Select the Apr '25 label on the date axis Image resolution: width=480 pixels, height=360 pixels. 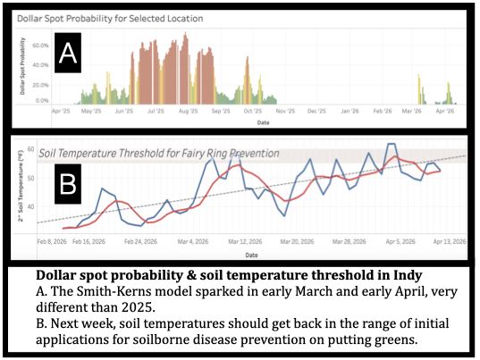(63, 112)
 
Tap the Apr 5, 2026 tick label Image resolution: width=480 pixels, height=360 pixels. (390, 240)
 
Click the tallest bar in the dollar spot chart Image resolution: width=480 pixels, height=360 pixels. (185, 35)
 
